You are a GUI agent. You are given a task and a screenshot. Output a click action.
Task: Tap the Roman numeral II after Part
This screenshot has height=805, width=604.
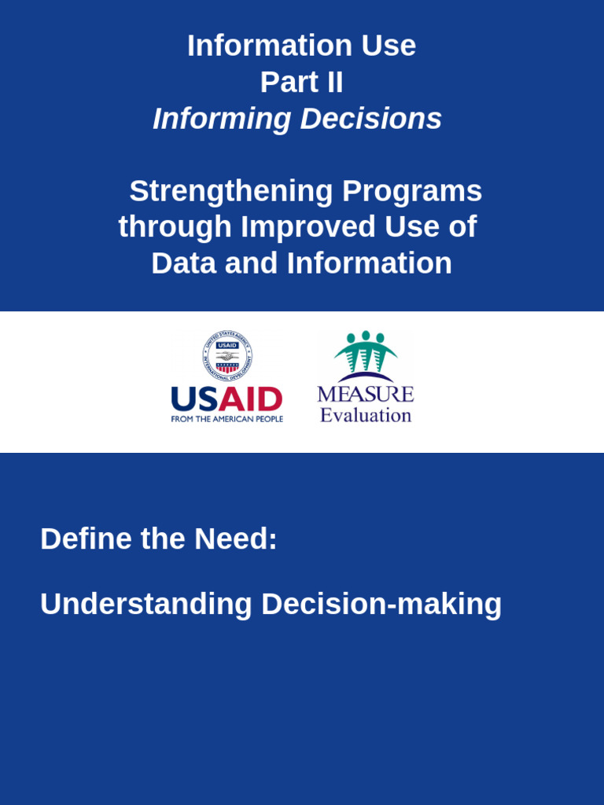click(x=333, y=83)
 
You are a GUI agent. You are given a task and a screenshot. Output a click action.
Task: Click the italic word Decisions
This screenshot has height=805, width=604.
click(x=370, y=119)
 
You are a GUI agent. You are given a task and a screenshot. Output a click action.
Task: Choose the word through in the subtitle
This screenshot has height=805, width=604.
click(x=175, y=228)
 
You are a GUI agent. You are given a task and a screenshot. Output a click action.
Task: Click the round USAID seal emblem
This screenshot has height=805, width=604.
click(x=227, y=356)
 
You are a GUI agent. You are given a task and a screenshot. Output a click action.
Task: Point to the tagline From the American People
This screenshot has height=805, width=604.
click(x=226, y=419)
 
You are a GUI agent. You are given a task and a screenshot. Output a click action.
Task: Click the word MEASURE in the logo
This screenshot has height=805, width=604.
click(x=366, y=394)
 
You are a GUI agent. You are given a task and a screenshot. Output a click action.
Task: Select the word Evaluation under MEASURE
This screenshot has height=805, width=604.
click(x=366, y=415)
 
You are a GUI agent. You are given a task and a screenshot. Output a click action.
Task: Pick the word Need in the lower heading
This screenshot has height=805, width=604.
click(x=235, y=539)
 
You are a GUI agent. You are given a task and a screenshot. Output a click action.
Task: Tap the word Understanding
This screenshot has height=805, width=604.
click(x=145, y=605)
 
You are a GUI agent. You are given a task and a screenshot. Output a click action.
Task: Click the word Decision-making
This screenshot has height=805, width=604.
click(x=381, y=605)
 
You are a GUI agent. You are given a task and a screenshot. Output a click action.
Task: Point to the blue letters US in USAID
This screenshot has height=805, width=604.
click(x=194, y=399)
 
